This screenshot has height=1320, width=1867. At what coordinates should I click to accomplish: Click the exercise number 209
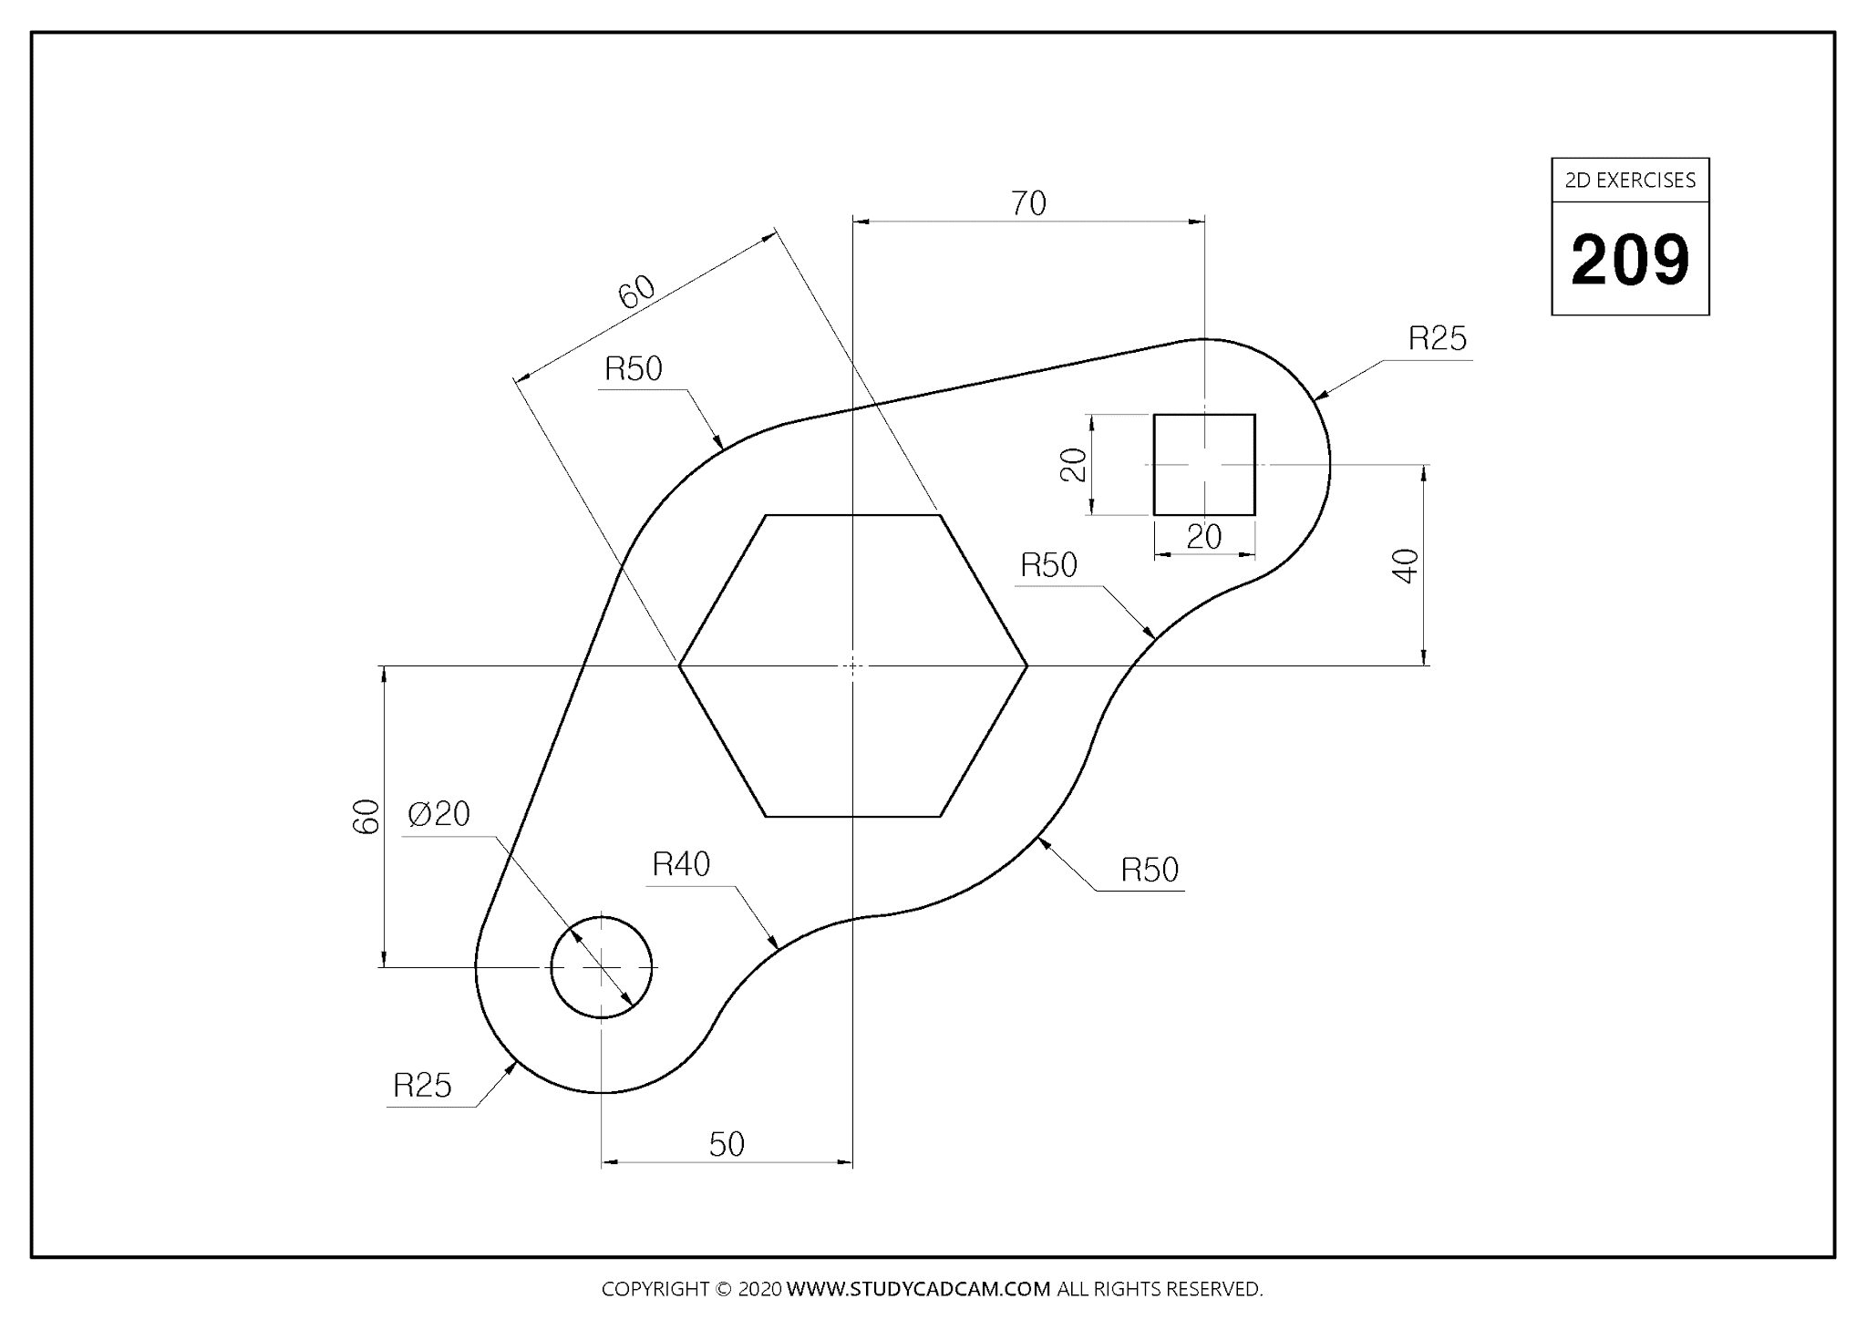(1630, 261)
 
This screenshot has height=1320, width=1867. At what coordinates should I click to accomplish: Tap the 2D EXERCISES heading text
(1630, 180)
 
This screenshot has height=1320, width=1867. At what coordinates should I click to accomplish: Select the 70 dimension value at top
(1028, 203)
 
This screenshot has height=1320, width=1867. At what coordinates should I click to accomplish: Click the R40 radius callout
(681, 864)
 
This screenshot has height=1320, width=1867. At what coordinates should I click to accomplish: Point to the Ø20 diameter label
(439, 813)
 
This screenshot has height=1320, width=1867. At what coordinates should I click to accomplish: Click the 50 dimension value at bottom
(727, 1144)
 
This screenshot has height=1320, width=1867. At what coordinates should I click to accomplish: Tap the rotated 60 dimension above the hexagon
(636, 292)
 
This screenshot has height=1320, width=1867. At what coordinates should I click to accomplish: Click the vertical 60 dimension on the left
(366, 816)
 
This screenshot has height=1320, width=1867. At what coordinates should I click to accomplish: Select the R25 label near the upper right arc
(1437, 339)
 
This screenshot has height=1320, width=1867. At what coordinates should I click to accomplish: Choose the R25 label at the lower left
(422, 1086)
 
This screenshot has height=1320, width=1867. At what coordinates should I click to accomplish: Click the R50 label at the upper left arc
(634, 369)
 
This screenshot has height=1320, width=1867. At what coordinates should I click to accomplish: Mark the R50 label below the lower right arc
(1150, 871)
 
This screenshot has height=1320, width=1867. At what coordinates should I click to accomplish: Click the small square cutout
(1204, 465)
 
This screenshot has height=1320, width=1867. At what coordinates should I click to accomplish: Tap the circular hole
(602, 966)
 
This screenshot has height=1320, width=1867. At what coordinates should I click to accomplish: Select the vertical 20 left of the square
(1074, 465)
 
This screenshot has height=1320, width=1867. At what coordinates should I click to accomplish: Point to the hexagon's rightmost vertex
(1027, 666)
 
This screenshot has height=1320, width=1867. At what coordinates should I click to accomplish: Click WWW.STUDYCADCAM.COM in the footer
(918, 1289)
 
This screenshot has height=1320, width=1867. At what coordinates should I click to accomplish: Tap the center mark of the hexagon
(852, 666)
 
